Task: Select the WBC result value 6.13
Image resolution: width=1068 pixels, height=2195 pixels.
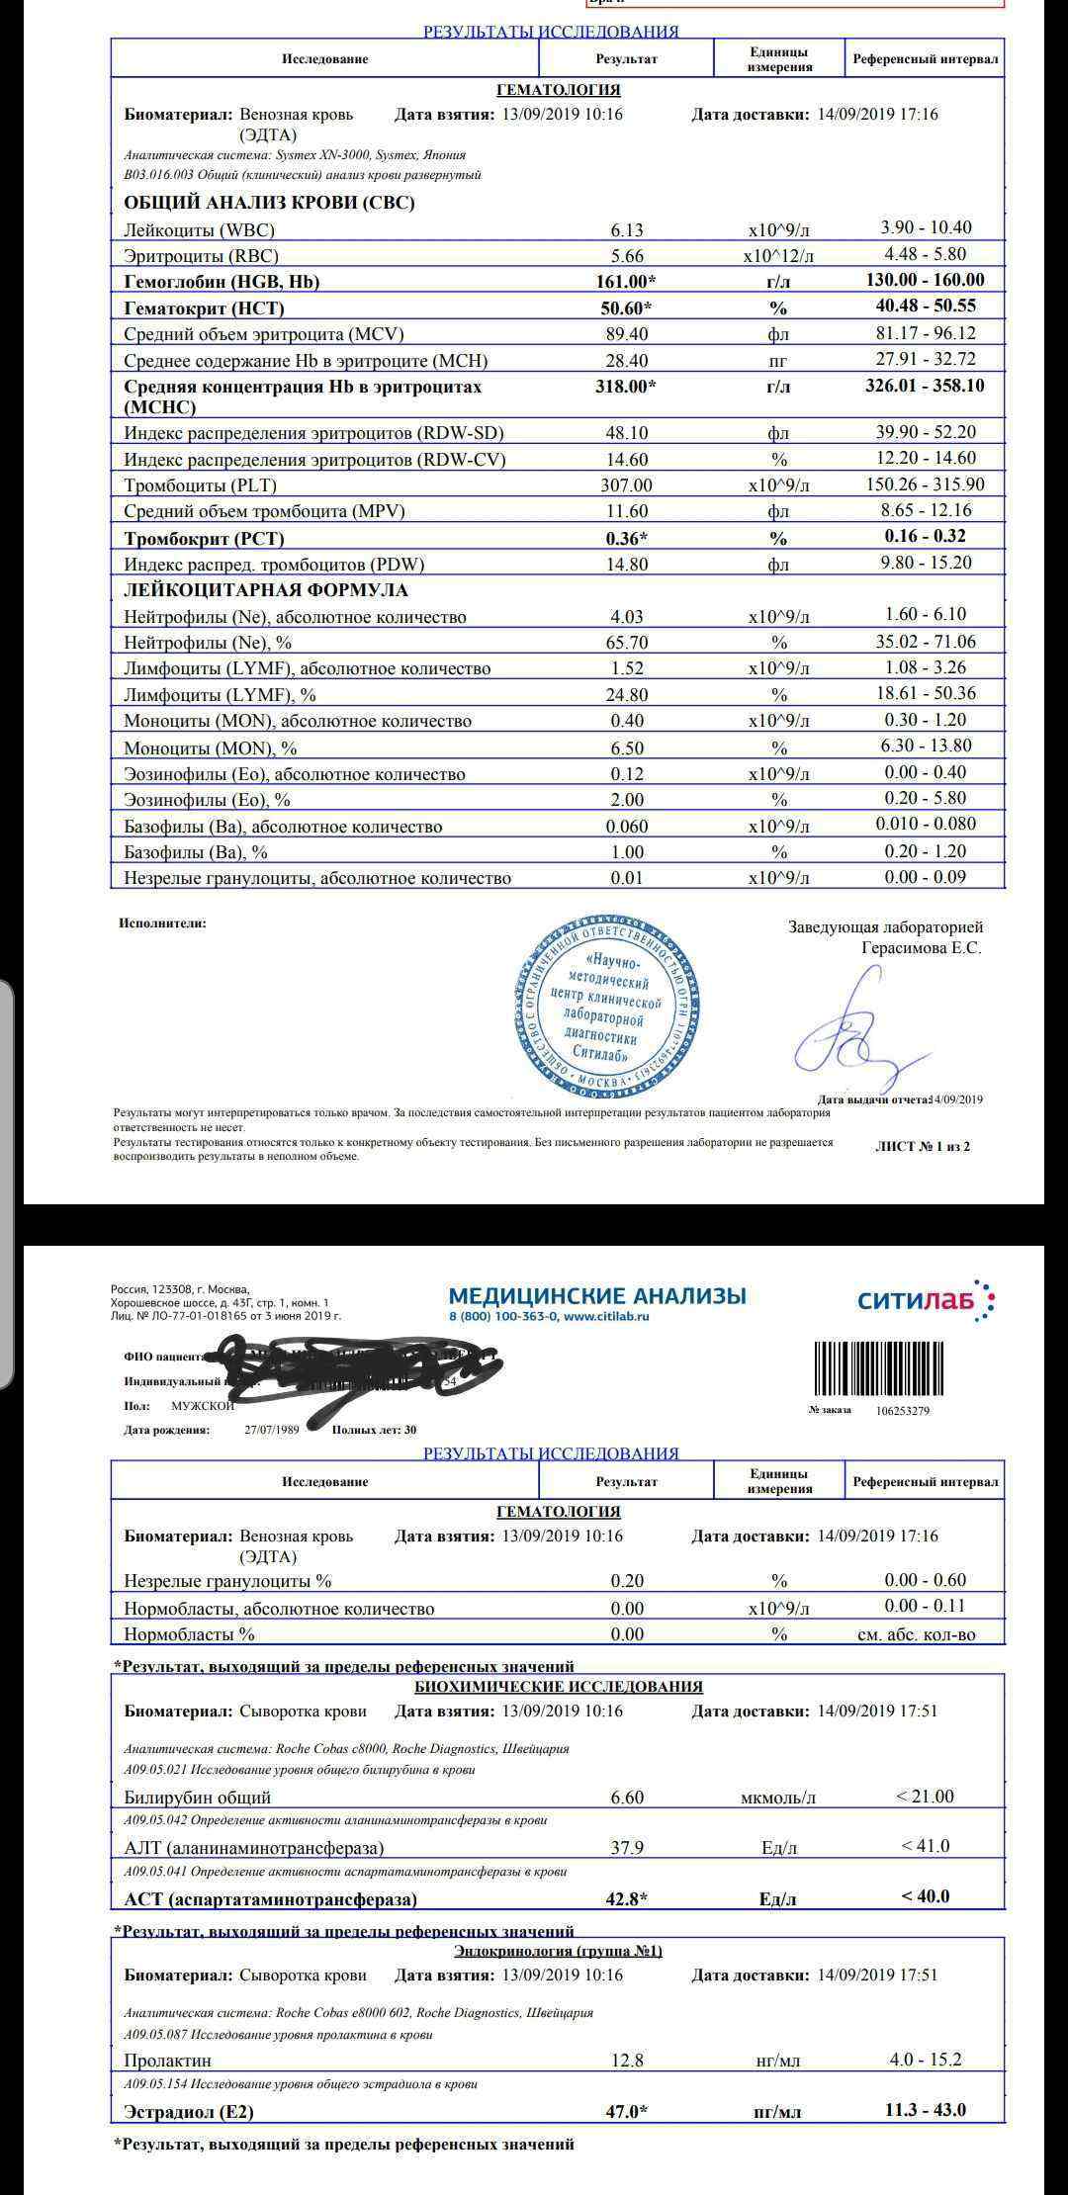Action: (627, 230)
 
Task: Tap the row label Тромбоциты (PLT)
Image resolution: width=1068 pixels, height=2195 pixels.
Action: (201, 485)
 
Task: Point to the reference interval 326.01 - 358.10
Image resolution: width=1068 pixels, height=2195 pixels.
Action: (925, 386)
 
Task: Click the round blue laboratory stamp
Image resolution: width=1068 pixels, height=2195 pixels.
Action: (607, 1005)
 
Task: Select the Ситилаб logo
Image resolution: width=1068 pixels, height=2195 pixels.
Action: (926, 1299)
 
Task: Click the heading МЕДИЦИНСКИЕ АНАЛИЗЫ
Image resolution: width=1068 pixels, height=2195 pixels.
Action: (597, 1295)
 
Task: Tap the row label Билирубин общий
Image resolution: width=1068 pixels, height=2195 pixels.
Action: (198, 1798)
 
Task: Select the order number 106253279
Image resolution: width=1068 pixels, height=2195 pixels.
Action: (902, 1411)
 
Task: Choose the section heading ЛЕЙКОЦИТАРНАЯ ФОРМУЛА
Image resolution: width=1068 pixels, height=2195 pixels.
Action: (266, 590)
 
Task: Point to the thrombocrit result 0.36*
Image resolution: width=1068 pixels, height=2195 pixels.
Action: (627, 539)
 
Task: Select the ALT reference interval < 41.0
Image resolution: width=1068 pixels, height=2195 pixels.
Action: (925, 1846)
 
